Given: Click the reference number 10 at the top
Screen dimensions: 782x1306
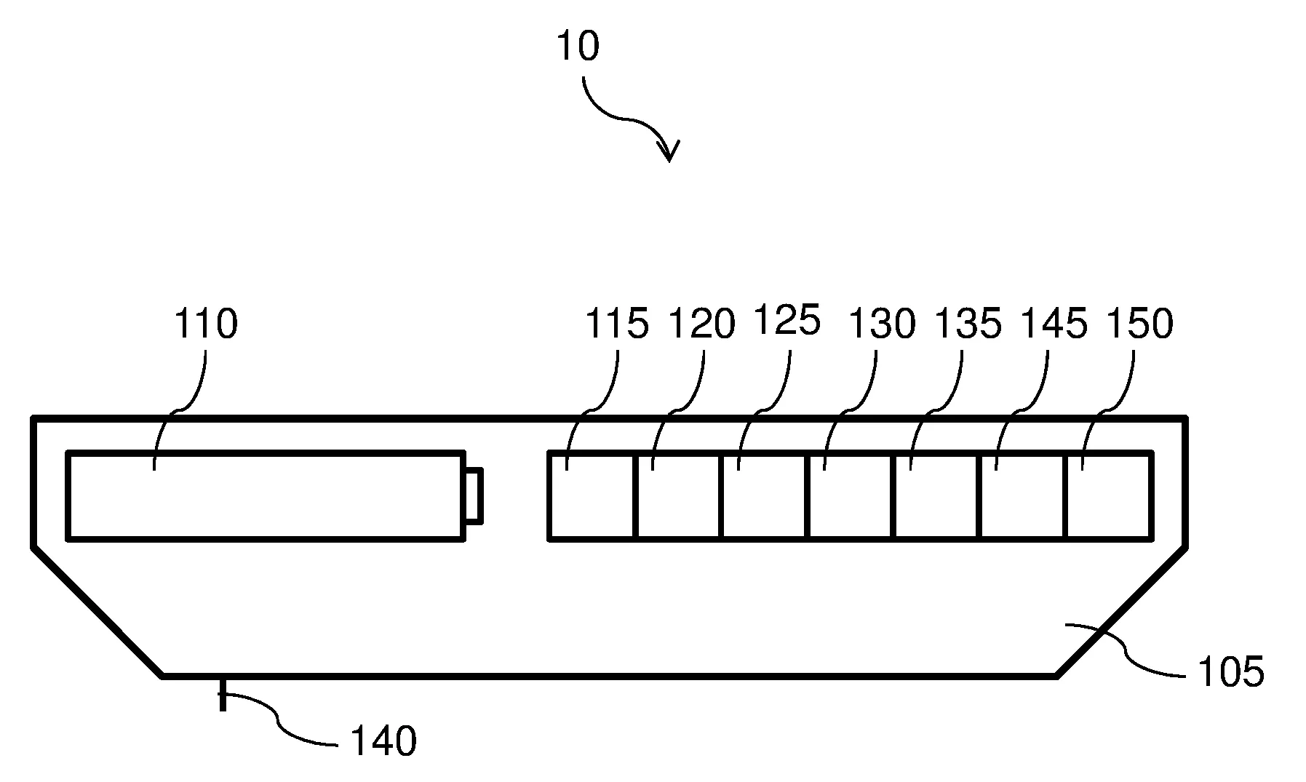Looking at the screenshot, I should (x=577, y=46).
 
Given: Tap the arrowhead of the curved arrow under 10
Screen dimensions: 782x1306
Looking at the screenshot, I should (x=668, y=151).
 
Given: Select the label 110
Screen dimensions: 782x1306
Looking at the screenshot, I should (x=205, y=324).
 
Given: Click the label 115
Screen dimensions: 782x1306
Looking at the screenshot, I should (x=617, y=324).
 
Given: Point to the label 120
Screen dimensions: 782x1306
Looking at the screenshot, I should (x=701, y=324).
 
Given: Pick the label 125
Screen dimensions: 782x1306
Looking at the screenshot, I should (x=787, y=320).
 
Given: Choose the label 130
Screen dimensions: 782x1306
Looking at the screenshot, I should (x=881, y=324).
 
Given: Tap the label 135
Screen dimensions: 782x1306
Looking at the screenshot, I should (x=968, y=324).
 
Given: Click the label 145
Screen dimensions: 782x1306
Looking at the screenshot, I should (x=1054, y=324).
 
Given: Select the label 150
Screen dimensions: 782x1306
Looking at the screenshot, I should (x=1139, y=324).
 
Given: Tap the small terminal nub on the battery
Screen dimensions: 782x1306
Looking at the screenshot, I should (x=473, y=496).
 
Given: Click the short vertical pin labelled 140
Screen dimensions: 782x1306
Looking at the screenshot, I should (x=223, y=694).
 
